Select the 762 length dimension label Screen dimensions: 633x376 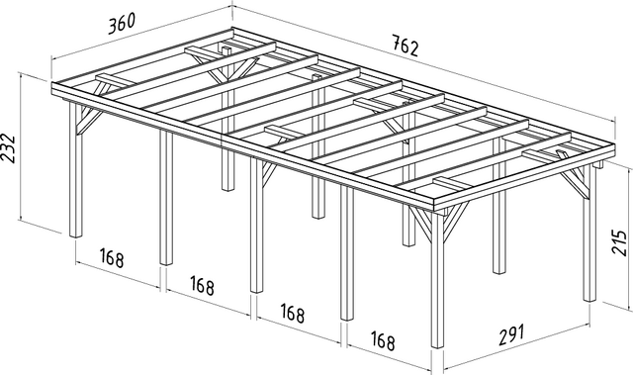tap(406, 47)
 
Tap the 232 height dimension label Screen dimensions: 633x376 tap(9, 148)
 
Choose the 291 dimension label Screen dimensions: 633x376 tap(511, 334)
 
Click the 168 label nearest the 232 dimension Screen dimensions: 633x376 tap(112, 257)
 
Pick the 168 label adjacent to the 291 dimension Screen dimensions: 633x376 tap(382, 341)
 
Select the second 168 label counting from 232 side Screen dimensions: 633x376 tap(202, 286)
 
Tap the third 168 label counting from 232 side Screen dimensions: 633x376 tap(292, 314)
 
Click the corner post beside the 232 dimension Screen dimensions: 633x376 tap(75, 169)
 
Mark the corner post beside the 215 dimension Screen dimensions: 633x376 tap(589, 234)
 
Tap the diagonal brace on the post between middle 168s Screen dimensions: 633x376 tap(269, 173)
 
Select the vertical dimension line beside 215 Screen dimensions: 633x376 tap(630, 239)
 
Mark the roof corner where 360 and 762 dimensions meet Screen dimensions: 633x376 tap(232, 29)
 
